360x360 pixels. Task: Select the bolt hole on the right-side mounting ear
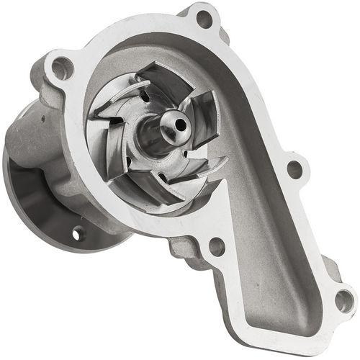pos(295,170)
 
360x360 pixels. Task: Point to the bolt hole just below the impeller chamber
pos(217,247)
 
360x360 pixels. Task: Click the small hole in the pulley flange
pos(78,233)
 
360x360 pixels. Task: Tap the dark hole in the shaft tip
pos(180,125)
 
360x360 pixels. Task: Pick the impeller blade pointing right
pos(205,115)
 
